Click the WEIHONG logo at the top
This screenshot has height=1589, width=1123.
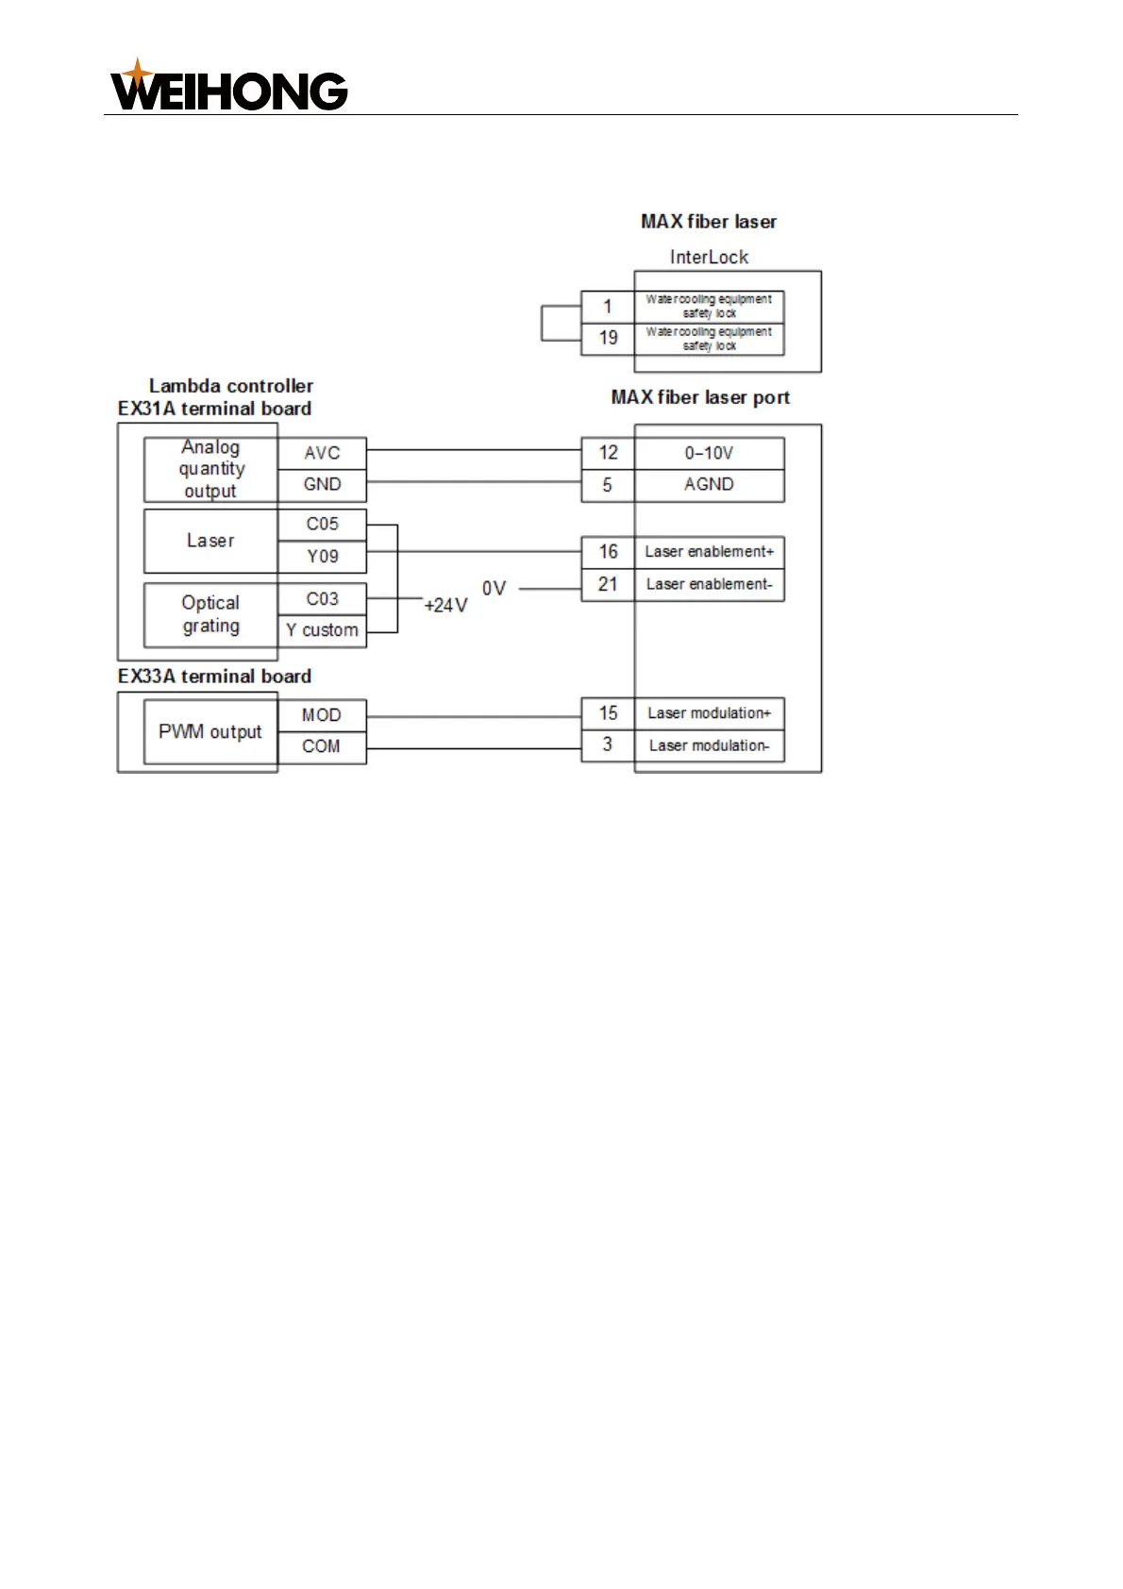point(229,87)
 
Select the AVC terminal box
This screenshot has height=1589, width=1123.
point(322,453)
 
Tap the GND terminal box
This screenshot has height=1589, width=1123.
point(322,485)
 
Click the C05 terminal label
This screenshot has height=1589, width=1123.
point(322,525)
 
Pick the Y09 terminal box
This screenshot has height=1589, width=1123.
point(322,557)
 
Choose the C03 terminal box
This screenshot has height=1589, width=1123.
point(322,599)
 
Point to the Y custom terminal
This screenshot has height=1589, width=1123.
point(322,630)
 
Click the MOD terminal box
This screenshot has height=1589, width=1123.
point(322,715)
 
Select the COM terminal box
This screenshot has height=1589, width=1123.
point(322,746)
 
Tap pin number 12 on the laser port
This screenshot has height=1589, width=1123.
point(608,453)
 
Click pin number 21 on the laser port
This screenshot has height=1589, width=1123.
point(608,585)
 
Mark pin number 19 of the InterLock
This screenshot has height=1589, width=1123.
point(608,338)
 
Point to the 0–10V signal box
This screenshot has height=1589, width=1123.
point(709,453)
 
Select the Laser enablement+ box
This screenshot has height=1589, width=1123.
point(709,552)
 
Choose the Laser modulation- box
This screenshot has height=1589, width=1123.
point(709,745)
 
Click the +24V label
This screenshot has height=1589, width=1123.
point(445,606)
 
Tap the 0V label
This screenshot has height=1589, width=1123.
point(494,589)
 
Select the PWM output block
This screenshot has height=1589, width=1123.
point(210,731)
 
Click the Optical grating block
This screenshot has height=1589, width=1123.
point(210,614)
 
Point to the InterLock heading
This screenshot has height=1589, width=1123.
point(709,257)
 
